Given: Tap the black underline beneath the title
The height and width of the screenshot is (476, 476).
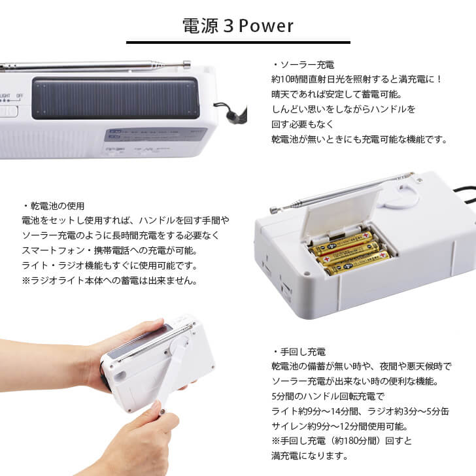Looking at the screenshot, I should (x=237, y=42).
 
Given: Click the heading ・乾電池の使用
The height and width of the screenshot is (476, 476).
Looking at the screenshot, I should (x=53, y=205).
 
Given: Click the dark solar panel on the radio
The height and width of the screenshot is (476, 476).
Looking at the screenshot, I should (x=115, y=99).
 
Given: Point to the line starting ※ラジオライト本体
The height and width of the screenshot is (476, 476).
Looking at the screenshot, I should (x=109, y=280).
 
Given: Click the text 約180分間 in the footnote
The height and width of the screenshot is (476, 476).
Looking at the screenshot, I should (x=354, y=441).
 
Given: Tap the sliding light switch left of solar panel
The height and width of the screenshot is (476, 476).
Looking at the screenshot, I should (x=8, y=110).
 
